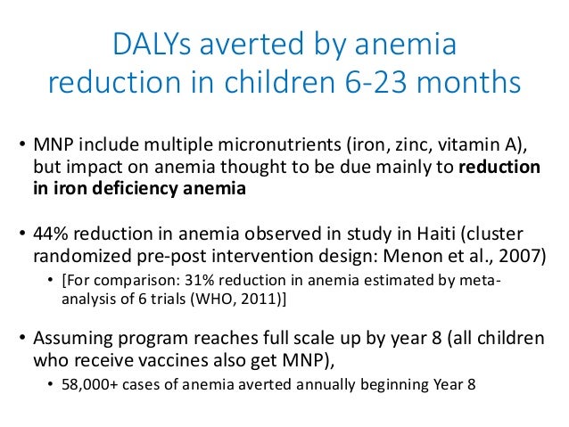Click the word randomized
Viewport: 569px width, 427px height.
tap(78, 255)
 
